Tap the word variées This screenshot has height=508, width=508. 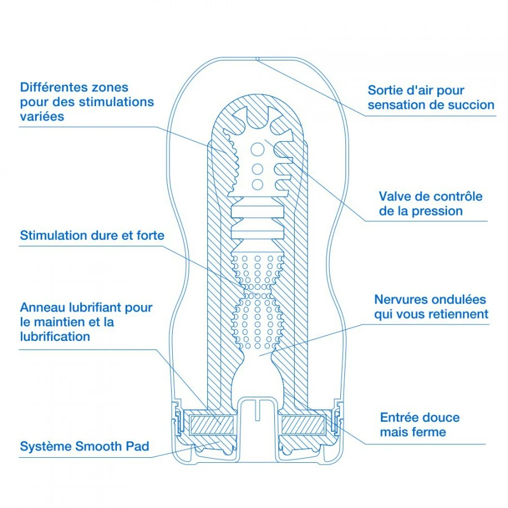(42, 116)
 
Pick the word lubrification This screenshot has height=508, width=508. (55, 336)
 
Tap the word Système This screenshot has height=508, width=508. (44, 446)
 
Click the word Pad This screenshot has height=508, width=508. (138, 446)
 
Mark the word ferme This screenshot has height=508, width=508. (429, 432)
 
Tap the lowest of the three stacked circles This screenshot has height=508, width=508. (257, 184)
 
